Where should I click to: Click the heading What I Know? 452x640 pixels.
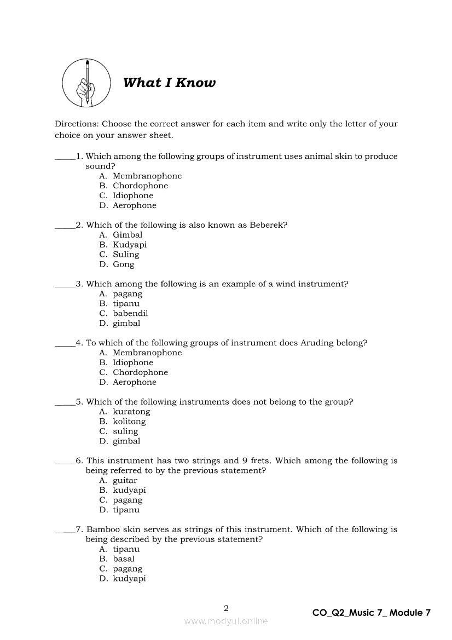click(x=169, y=83)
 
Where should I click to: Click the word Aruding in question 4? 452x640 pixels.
click(x=316, y=343)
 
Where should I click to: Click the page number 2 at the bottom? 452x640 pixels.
click(x=226, y=608)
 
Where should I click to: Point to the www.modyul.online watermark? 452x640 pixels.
click(x=226, y=621)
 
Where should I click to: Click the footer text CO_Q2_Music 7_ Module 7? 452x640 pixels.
click(x=372, y=613)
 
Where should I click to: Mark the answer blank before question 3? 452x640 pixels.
click(x=65, y=285)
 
